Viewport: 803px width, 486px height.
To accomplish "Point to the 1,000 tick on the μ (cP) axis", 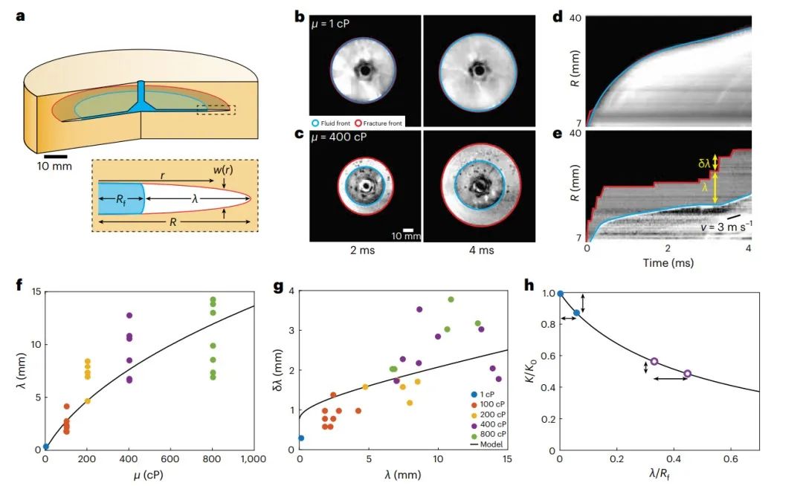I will [x=253, y=461].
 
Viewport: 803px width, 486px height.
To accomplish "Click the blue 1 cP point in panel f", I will [x=46, y=447].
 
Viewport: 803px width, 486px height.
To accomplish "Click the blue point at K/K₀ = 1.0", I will [x=561, y=294].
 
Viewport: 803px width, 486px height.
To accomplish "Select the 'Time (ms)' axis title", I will [x=668, y=264].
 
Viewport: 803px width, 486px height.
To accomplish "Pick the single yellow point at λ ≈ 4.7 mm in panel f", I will [x=150, y=401].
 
